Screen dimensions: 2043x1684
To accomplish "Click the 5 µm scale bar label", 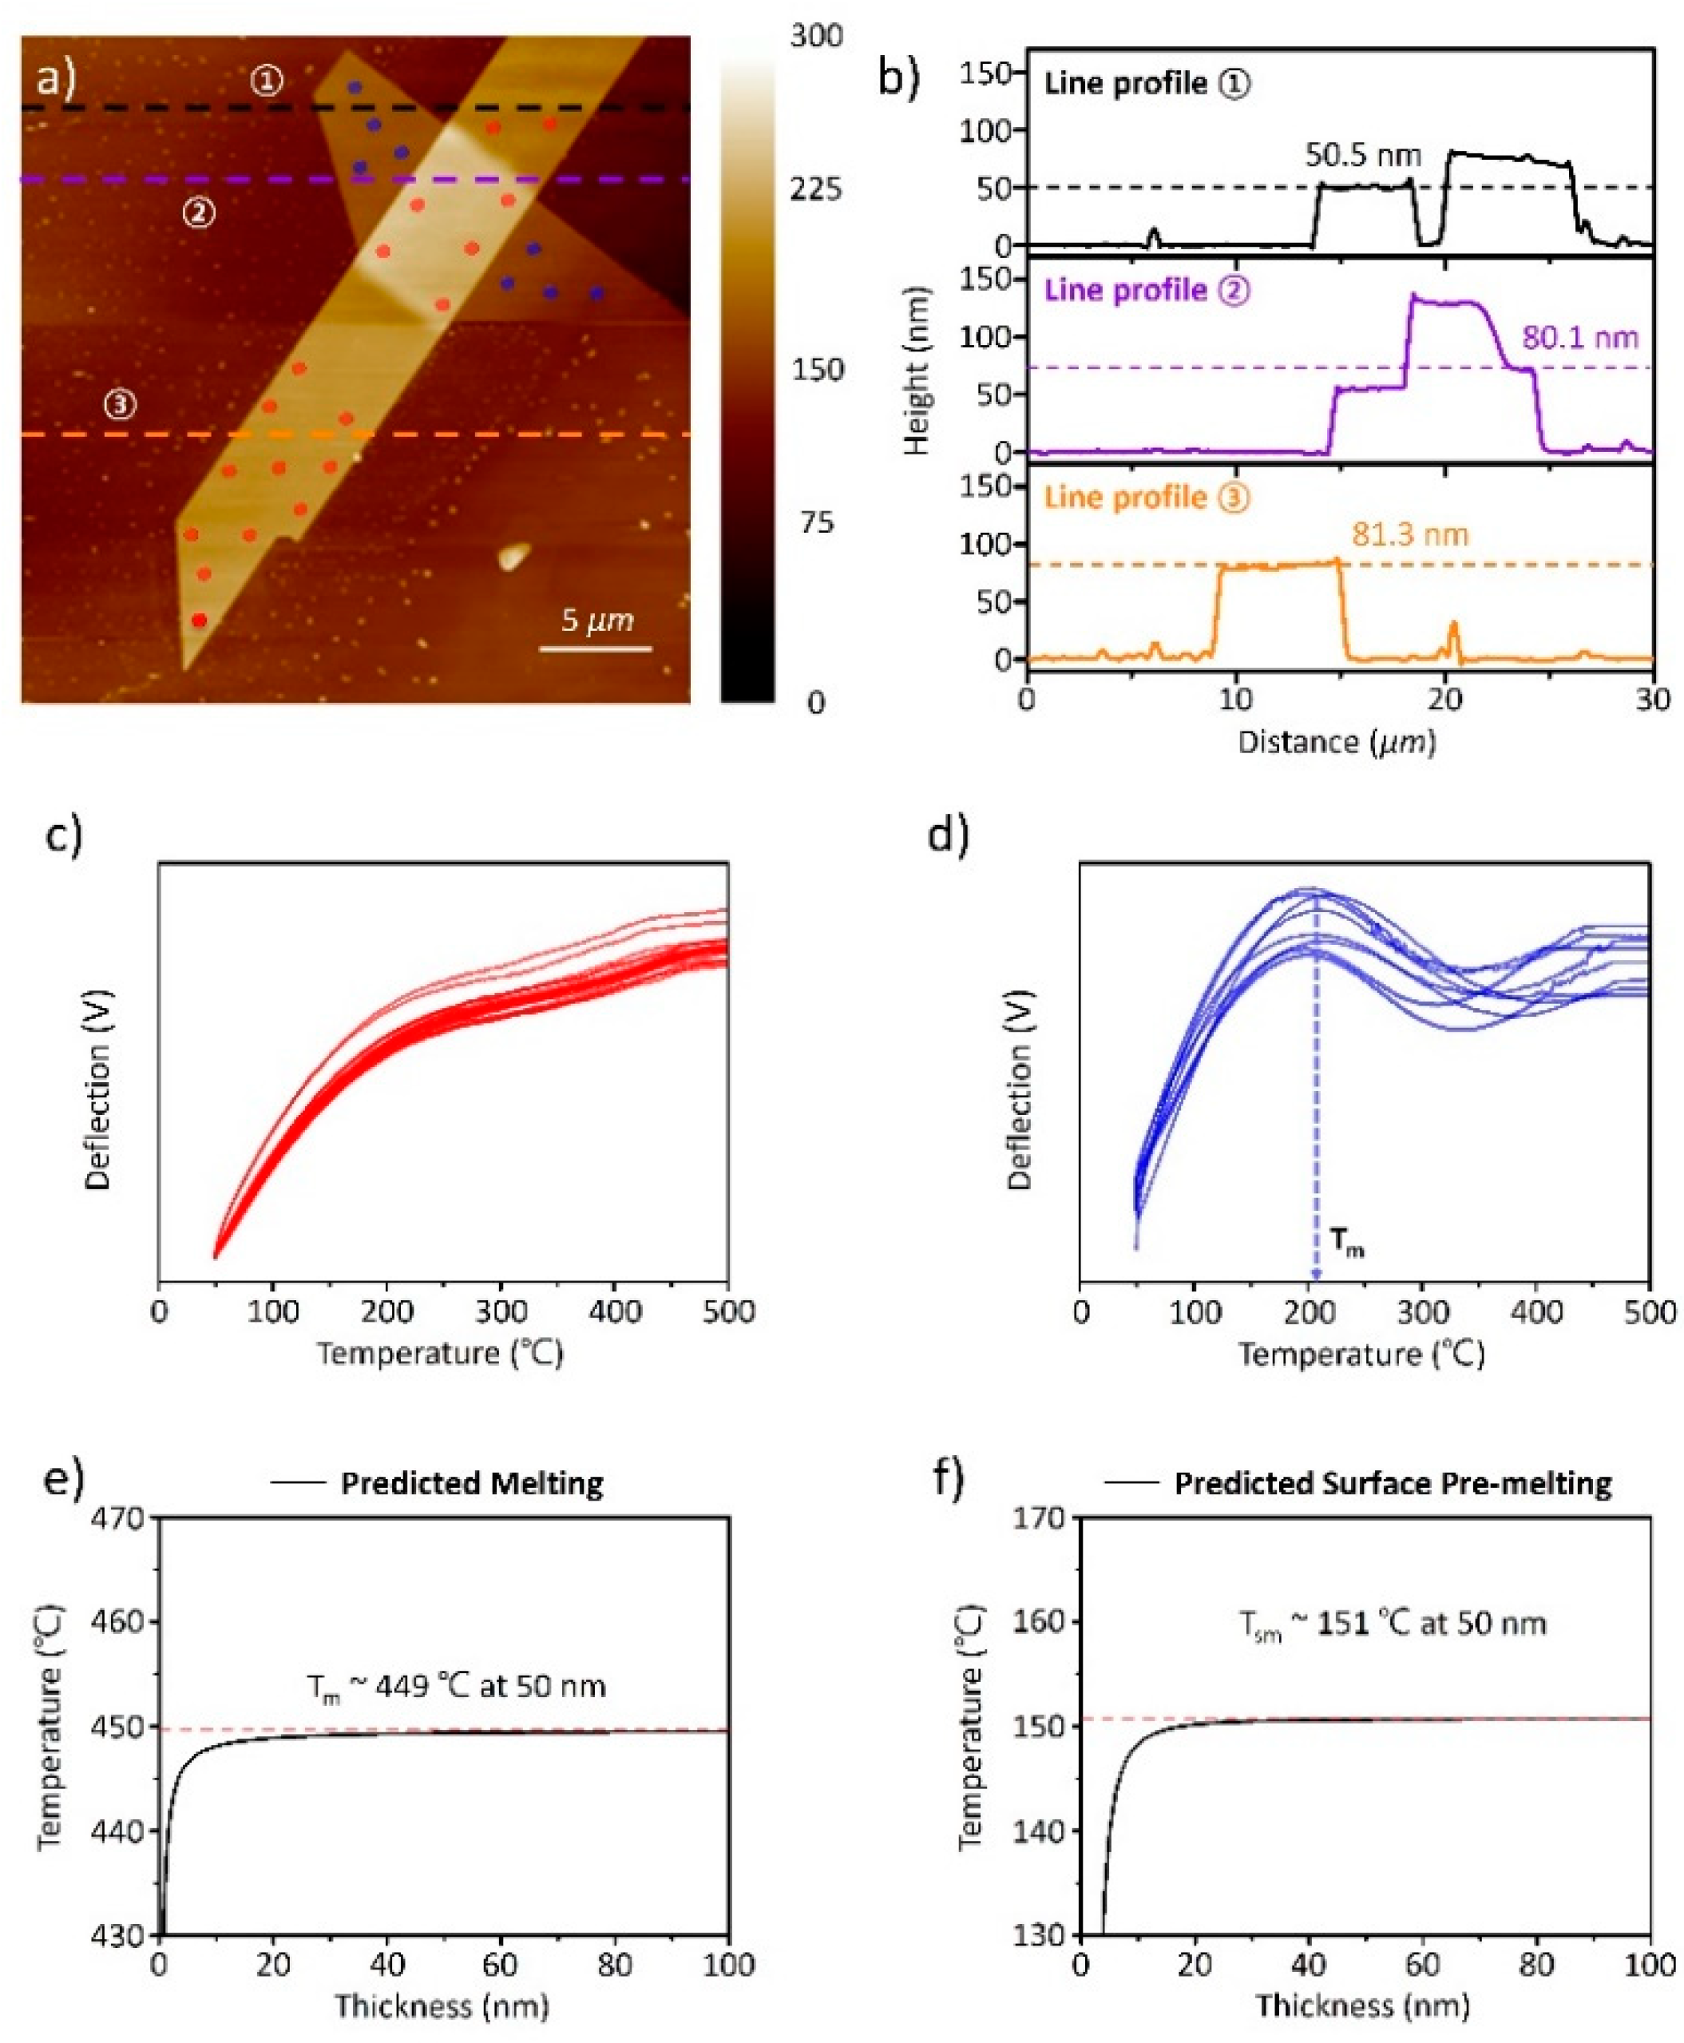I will pos(596,620).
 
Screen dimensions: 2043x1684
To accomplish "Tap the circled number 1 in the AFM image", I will pos(267,81).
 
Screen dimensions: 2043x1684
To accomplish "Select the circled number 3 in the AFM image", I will pos(121,404).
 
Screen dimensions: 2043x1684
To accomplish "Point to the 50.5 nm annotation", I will pos(1362,155).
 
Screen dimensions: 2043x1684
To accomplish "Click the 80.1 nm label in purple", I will pos(1579,338).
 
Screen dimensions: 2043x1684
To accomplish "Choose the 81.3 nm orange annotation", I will pos(1409,534).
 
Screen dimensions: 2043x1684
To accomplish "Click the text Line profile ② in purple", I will pos(1146,291).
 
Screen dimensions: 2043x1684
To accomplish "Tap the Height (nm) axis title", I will pos(916,371).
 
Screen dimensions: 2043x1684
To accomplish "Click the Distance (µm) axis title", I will pos(1336,742).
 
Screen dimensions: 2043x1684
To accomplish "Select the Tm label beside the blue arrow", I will pos(1346,1242).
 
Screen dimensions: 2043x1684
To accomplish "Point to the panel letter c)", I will pos(64,835).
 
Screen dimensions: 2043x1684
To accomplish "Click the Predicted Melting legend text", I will pos(471,1483).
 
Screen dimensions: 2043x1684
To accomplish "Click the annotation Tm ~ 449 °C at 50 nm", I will pos(456,1686).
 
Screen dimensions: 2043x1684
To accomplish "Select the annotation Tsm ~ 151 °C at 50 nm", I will pos(1392,1624).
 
